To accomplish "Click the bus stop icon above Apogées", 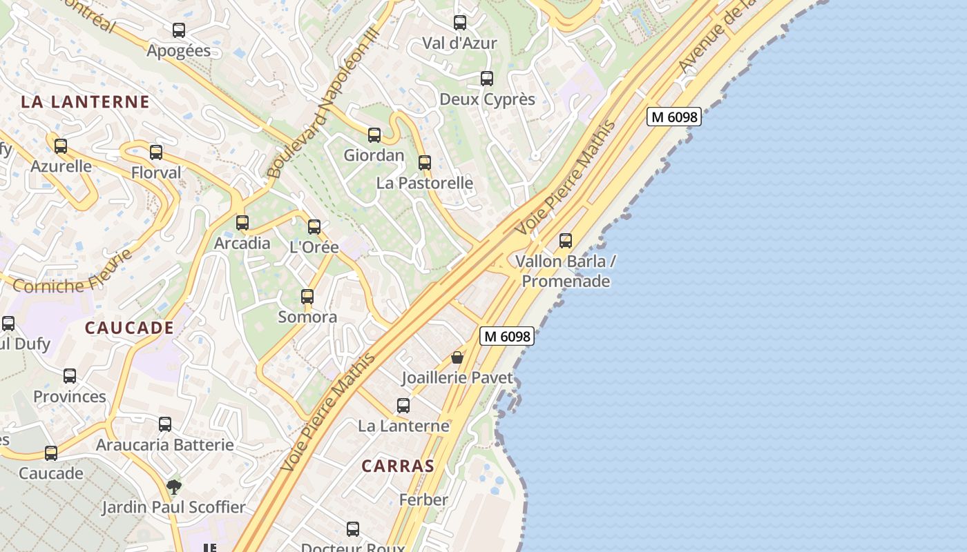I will pyautogui.click(x=179, y=30).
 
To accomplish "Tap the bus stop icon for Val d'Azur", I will pyautogui.click(x=460, y=23).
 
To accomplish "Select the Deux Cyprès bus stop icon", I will pyautogui.click(x=487, y=79).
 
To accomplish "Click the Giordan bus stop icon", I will pyautogui.click(x=374, y=135).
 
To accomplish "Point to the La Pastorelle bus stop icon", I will pyautogui.click(x=425, y=163).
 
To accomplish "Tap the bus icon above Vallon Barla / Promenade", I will pyautogui.click(x=566, y=241).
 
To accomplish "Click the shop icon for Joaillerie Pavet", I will pyautogui.click(x=457, y=357).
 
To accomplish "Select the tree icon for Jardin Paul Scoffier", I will pyautogui.click(x=174, y=487).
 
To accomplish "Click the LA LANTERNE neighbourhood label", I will pyautogui.click(x=85, y=102).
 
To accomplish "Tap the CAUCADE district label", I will pyautogui.click(x=129, y=328).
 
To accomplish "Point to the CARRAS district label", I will pyautogui.click(x=398, y=466).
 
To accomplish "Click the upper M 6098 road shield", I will pyautogui.click(x=674, y=117).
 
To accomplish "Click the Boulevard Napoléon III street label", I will pyautogui.click(x=323, y=103).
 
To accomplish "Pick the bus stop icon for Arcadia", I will pyautogui.click(x=242, y=223).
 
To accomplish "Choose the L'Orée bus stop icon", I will pyautogui.click(x=314, y=226).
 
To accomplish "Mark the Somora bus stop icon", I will pyautogui.click(x=307, y=297).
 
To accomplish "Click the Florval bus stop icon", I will pyautogui.click(x=156, y=152).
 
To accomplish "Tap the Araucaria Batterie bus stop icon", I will pyautogui.click(x=165, y=424).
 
